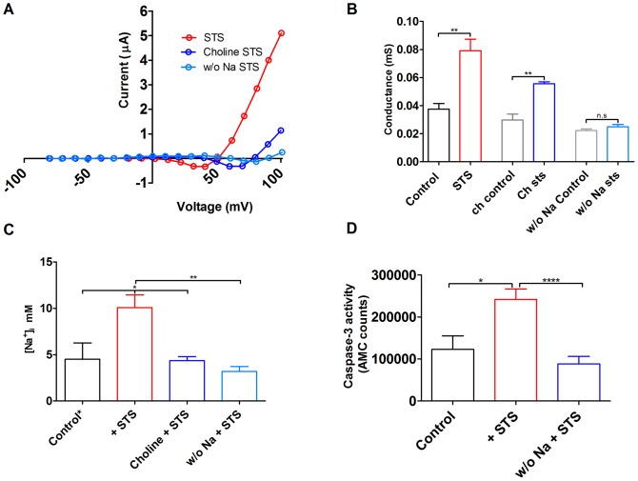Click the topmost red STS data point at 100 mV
tap(282, 33)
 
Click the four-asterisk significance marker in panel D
tap(550, 279)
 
